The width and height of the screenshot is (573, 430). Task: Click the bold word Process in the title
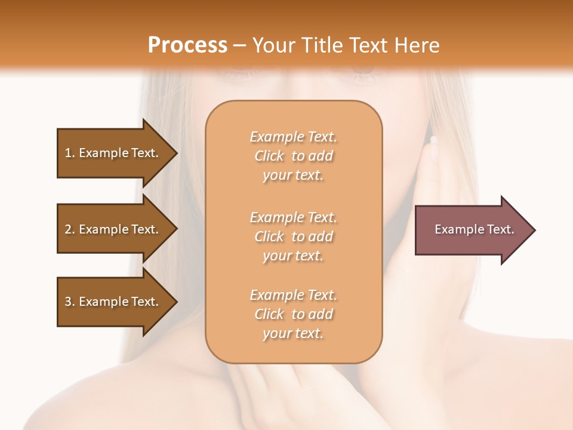187,45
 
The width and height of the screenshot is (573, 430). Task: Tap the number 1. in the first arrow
70,153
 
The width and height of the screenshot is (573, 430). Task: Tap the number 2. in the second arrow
70,229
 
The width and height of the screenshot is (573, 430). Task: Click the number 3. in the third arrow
70,302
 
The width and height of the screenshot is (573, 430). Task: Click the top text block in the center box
293,156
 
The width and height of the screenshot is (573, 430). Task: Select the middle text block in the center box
293,236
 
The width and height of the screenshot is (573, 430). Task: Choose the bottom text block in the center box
293,314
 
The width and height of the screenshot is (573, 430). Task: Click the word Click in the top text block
269,156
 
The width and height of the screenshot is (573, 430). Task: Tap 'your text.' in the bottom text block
293,333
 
